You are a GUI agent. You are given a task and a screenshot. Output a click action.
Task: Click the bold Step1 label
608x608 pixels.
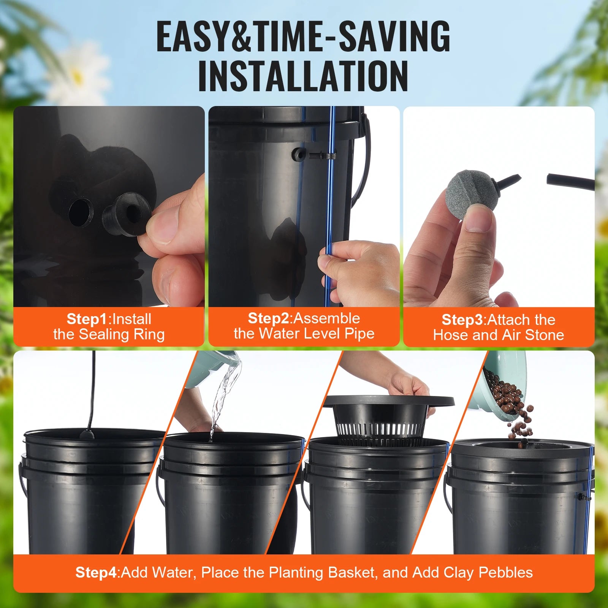(87, 319)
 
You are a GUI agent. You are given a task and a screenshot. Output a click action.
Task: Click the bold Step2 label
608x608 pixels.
(268, 318)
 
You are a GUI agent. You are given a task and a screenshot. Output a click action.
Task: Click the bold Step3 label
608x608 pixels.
(462, 320)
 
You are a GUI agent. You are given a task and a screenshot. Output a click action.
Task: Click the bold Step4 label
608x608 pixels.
(97, 572)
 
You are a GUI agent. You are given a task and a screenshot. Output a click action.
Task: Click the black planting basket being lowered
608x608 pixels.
(384, 418)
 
